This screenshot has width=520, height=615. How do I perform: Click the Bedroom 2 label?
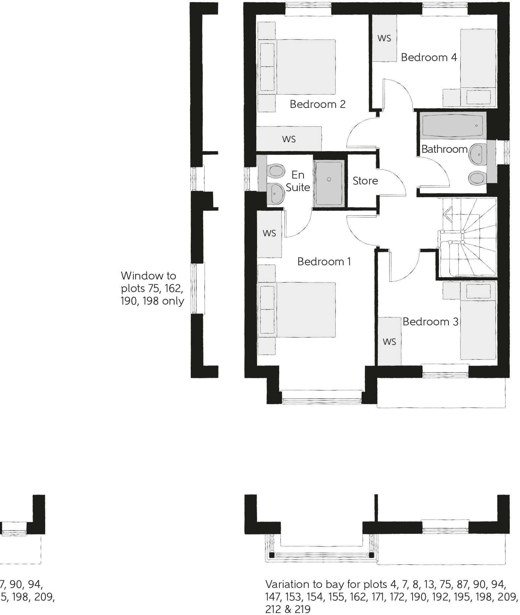pos(317,104)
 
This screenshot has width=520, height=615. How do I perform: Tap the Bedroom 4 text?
pos(429,57)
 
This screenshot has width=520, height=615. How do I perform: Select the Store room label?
pos(365,181)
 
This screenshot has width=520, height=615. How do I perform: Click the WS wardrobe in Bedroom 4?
pos(384,38)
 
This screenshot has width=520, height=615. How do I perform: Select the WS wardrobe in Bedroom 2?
pos(289,139)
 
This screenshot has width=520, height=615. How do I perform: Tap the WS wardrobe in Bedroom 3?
pos(389,341)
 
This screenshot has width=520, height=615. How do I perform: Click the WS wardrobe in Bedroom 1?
pos(269,233)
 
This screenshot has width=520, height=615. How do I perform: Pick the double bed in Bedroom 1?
pos(297,309)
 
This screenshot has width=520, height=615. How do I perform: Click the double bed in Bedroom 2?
pos(297,67)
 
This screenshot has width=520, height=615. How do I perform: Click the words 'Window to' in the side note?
pos(148,276)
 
